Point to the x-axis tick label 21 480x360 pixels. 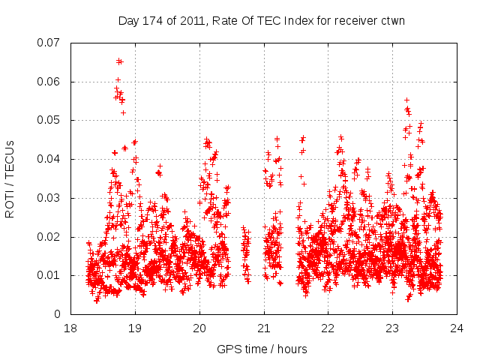point(264,328)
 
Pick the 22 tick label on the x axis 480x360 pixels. point(328,328)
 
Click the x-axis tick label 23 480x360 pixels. point(392,328)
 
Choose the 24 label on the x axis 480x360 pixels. point(457,328)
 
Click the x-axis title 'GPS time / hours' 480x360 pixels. point(263,349)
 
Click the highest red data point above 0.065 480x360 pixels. point(118,61)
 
